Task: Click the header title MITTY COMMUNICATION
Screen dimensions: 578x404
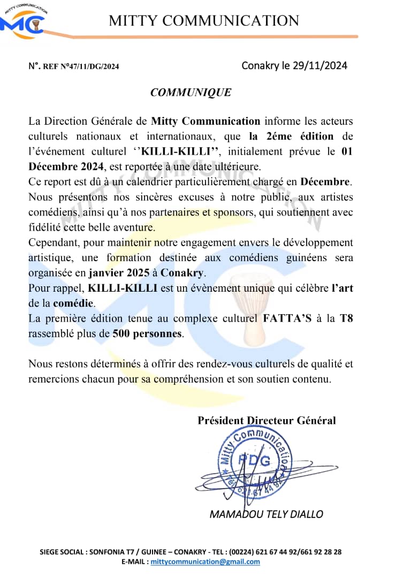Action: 204,21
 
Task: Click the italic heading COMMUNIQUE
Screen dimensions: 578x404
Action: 191,93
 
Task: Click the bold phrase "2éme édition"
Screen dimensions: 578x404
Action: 291,136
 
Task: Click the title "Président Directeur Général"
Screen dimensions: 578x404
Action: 267,421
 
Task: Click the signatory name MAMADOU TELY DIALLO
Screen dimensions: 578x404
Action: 266,514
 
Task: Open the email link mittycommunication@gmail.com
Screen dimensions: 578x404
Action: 205,562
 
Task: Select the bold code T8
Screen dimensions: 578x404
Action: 346,319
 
